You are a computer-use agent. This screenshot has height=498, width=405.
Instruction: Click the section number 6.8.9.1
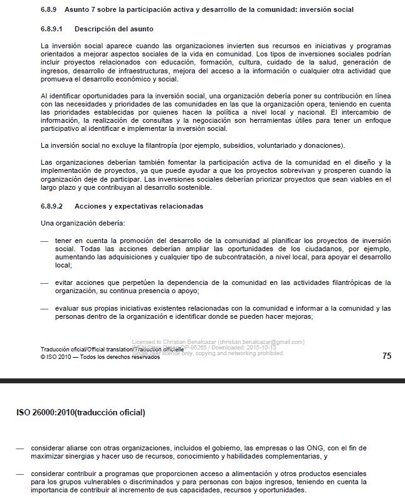(53, 29)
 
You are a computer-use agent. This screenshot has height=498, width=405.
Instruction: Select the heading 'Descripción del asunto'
(113, 29)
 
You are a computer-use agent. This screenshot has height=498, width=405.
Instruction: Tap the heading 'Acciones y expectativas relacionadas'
(139, 206)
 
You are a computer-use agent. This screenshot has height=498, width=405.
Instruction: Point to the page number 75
(386, 356)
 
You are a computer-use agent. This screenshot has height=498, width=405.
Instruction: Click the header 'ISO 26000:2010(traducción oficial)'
(81, 413)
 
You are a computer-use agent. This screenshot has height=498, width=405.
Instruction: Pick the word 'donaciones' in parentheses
(322, 145)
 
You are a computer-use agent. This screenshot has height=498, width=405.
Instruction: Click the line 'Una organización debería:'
(83, 224)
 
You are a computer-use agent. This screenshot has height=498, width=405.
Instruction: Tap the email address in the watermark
(264, 342)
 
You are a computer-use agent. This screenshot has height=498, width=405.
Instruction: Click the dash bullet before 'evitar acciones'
(44, 283)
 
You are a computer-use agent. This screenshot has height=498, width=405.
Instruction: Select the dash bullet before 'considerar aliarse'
(20, 449)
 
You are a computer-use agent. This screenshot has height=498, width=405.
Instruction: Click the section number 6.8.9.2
(53, 206)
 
